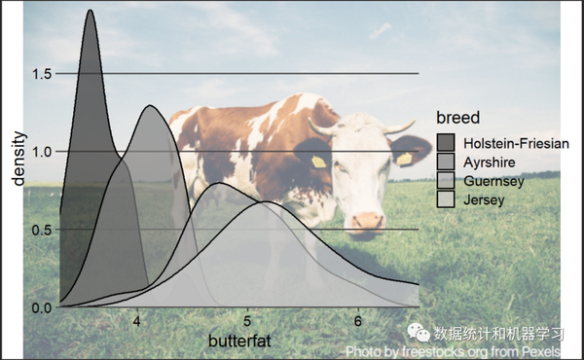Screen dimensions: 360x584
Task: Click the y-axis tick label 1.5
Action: tap(41, 74)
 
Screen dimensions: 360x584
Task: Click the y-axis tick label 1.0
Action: tap(41, 152)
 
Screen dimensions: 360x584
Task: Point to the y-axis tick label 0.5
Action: tap(41, 230)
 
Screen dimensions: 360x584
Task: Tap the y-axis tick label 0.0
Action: tap(41, 307)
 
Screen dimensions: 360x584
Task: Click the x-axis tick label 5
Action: tap(247, 323)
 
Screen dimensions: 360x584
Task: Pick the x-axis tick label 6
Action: tap(358, 323)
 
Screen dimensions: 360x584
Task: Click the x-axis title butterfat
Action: tap(239, 342)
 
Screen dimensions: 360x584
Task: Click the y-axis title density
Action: tap(17, 158)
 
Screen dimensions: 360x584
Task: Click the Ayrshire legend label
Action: tap(491, 162)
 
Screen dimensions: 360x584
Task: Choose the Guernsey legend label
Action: tap(494, 181)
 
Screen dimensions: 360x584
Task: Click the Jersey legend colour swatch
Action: tap(447, 199)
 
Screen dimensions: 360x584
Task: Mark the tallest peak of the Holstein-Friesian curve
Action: tap(91, 11)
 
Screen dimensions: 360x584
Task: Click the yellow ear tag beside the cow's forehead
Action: tap(318, 162)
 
